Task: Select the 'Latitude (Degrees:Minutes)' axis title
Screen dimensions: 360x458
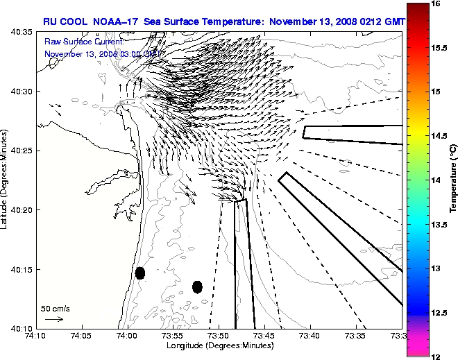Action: (x=6, y=180)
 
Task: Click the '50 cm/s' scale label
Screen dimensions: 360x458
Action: (x=56, y=309)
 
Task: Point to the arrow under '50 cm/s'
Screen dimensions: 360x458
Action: (x=54, y=319)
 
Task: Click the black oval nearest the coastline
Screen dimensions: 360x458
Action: (x=140, y=273)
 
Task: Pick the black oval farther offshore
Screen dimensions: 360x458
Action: (x=197, y=286)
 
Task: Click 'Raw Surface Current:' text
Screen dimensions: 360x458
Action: (x=73, y=42)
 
